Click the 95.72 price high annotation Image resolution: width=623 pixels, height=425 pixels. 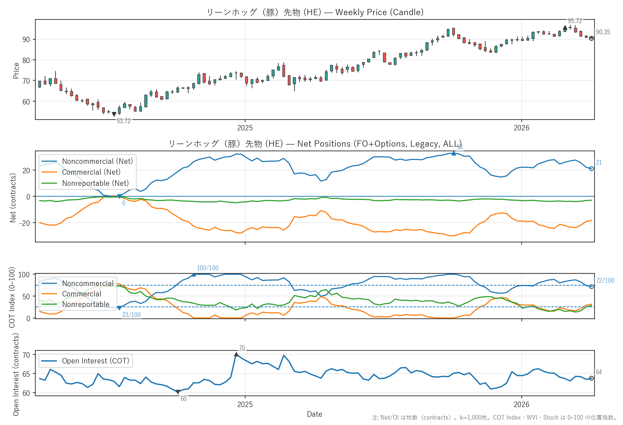(575, 21)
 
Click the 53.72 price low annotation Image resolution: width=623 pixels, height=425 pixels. (124, 121)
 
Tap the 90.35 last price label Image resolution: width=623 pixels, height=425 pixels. (603, 32)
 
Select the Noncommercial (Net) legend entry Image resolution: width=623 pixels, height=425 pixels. (97, 161)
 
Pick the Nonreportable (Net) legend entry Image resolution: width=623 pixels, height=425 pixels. (95, 183)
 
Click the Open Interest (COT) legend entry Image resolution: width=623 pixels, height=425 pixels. (96, 361)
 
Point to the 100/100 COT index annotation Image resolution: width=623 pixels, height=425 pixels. (207, 268)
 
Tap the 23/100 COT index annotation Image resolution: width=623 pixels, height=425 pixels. (131, 315)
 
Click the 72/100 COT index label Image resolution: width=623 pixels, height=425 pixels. (605, 281)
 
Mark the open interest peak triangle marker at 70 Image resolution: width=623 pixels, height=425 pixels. (236, 354)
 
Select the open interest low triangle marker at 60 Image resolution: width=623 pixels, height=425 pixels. (178, 392)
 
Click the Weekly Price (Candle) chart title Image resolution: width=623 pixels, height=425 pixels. (315, 12)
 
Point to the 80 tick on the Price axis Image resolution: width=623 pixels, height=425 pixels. (26, 60)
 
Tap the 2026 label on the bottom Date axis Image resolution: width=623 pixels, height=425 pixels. (521, 404)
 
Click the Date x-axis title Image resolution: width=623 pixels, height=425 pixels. (314, 414)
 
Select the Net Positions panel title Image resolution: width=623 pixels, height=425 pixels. (315, 144)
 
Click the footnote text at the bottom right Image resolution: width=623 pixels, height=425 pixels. (494, 417)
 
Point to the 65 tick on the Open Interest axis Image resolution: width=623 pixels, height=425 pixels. (26, 374)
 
